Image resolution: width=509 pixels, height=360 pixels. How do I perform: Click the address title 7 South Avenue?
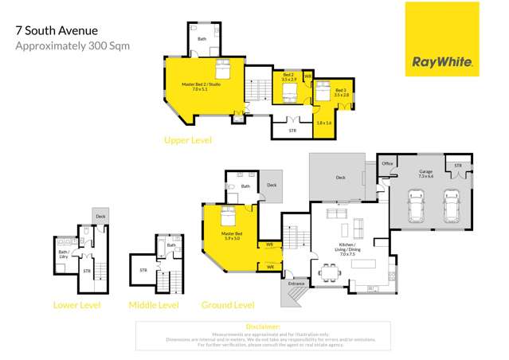[57, 31]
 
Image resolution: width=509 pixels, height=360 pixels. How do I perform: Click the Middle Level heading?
[153, 305]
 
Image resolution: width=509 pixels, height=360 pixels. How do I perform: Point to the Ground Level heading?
[228, 305]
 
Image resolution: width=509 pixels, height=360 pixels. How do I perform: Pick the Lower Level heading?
[76, 305]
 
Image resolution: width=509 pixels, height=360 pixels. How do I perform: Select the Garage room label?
[426, 173]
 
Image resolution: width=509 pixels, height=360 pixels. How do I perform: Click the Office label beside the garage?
[388, 163]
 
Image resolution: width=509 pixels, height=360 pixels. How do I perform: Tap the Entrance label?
[297, 283]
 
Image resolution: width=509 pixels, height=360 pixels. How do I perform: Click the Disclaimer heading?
[263, 327]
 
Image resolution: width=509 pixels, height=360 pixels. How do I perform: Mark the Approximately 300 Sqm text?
[72, 45]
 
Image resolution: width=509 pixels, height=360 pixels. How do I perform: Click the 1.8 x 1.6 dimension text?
[323, 123]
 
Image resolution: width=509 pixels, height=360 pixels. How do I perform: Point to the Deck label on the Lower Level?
[100, 216]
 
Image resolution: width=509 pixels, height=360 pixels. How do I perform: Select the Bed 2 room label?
[289, 78]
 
